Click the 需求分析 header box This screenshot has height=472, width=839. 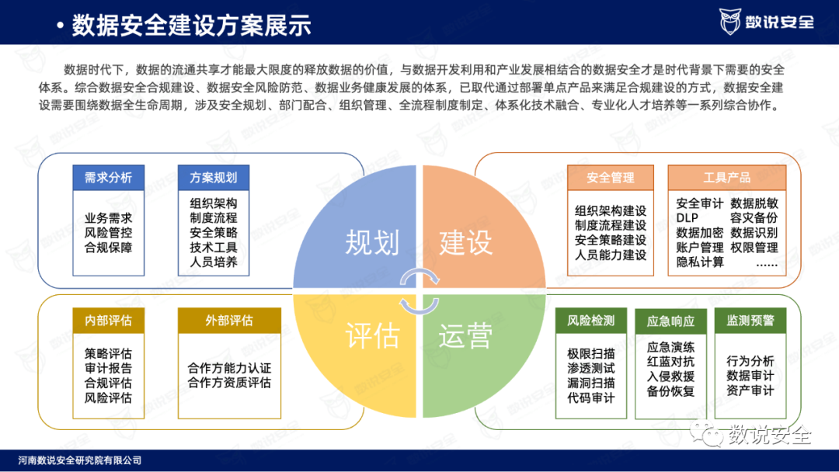click(109, 178)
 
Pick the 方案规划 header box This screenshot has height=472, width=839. click(214, 178)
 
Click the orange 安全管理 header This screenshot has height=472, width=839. click(611, 178)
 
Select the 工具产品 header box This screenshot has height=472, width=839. click(727, 178)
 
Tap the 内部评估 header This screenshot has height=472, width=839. click(109, 321)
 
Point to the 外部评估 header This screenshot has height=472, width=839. click(229, 321)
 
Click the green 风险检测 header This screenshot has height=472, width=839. click(591, 321)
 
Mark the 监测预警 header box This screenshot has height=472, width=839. click(750, 321)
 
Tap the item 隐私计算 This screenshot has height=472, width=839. click(700, 262)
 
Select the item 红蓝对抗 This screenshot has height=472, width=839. click(670, 362)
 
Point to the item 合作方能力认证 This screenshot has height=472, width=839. click(229, 368)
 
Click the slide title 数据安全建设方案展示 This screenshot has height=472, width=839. click(191, 26)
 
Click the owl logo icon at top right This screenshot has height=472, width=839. click(731, 22)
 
